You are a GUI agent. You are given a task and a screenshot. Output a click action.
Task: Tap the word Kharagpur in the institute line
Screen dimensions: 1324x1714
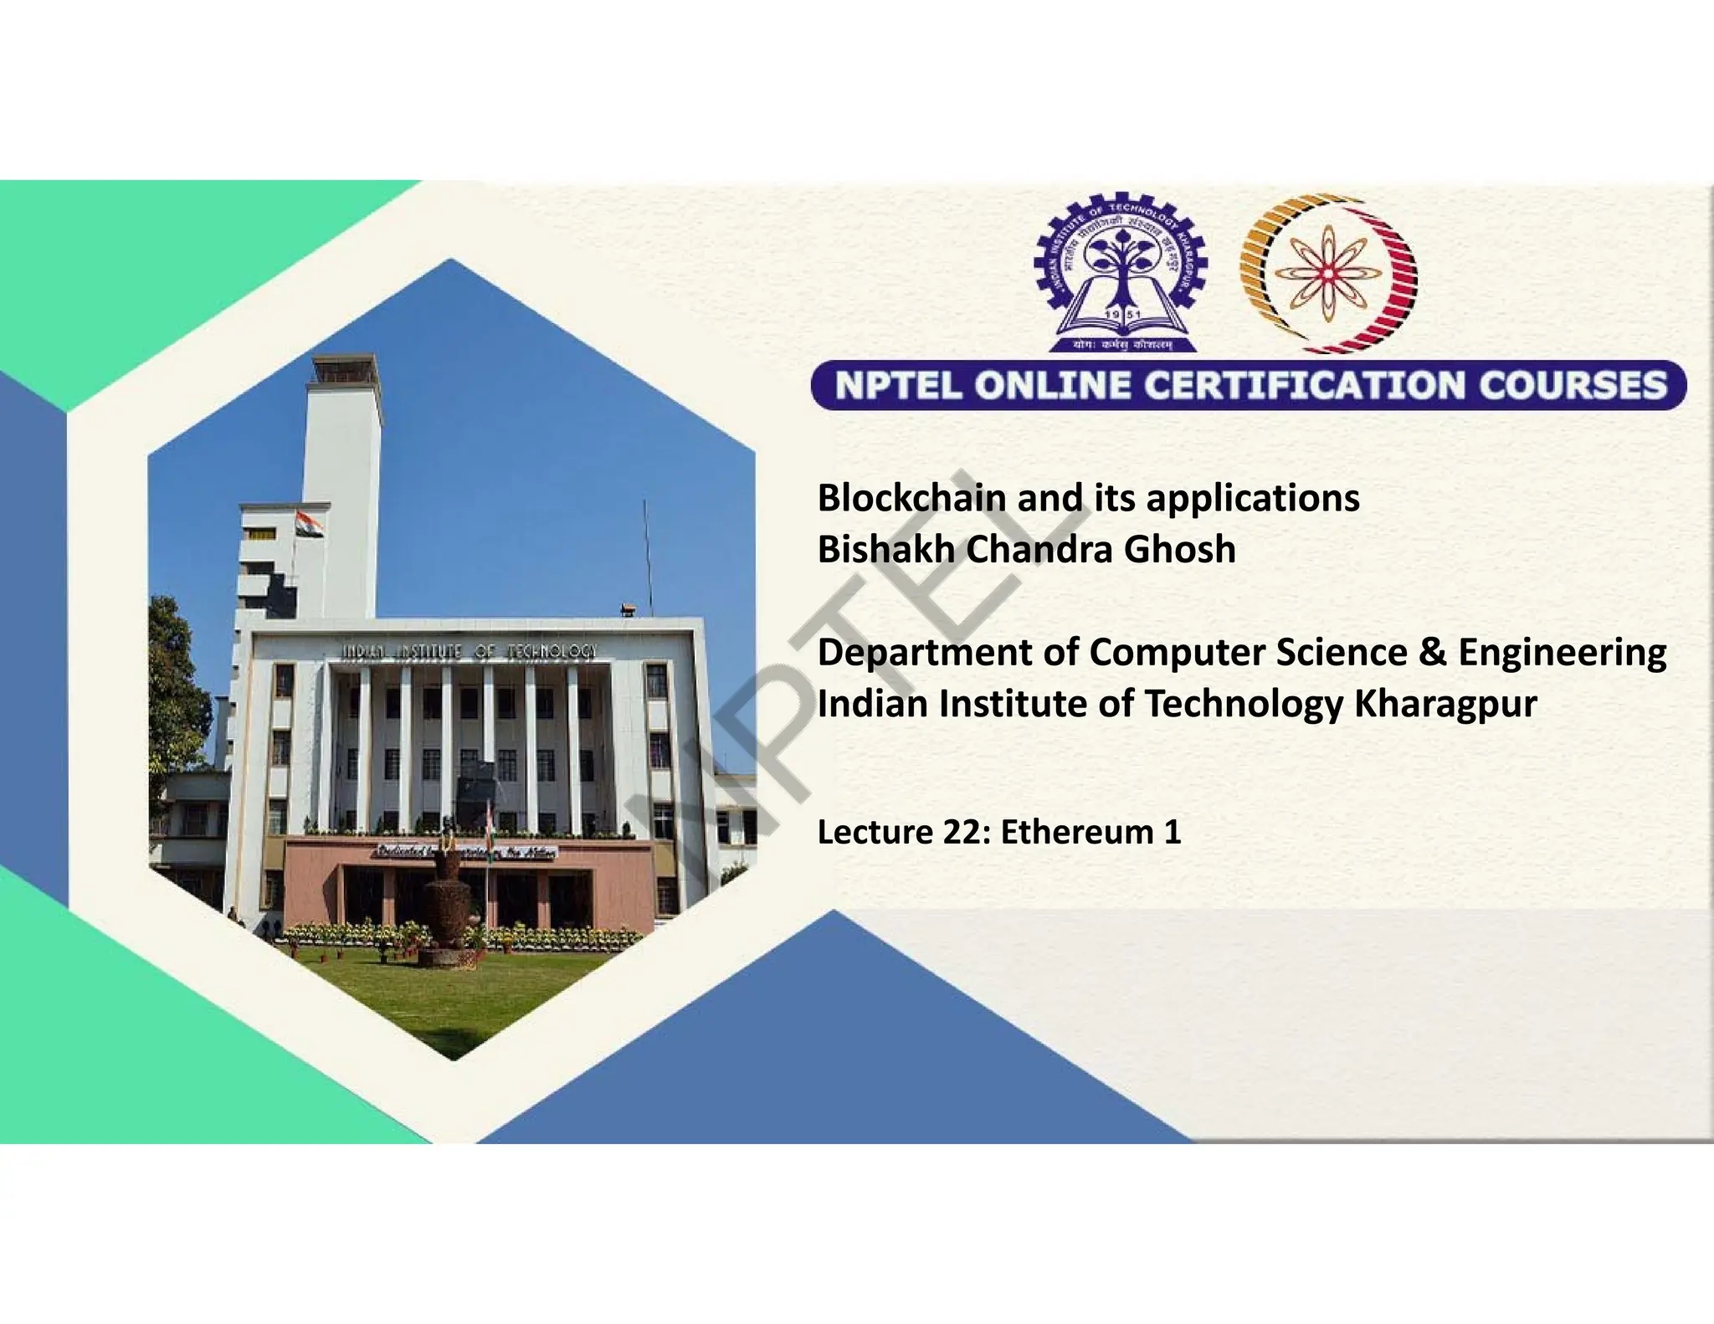click(1445, 704)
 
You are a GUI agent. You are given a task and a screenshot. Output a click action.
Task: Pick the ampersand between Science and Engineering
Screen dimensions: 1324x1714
click(1432, 652)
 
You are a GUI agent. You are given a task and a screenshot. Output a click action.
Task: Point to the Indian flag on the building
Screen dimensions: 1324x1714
click(309, 525)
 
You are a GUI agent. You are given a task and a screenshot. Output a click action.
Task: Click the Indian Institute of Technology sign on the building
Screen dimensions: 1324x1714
click(469, 651)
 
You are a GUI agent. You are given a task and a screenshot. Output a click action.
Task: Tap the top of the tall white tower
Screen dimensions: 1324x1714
click(343, 368)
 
